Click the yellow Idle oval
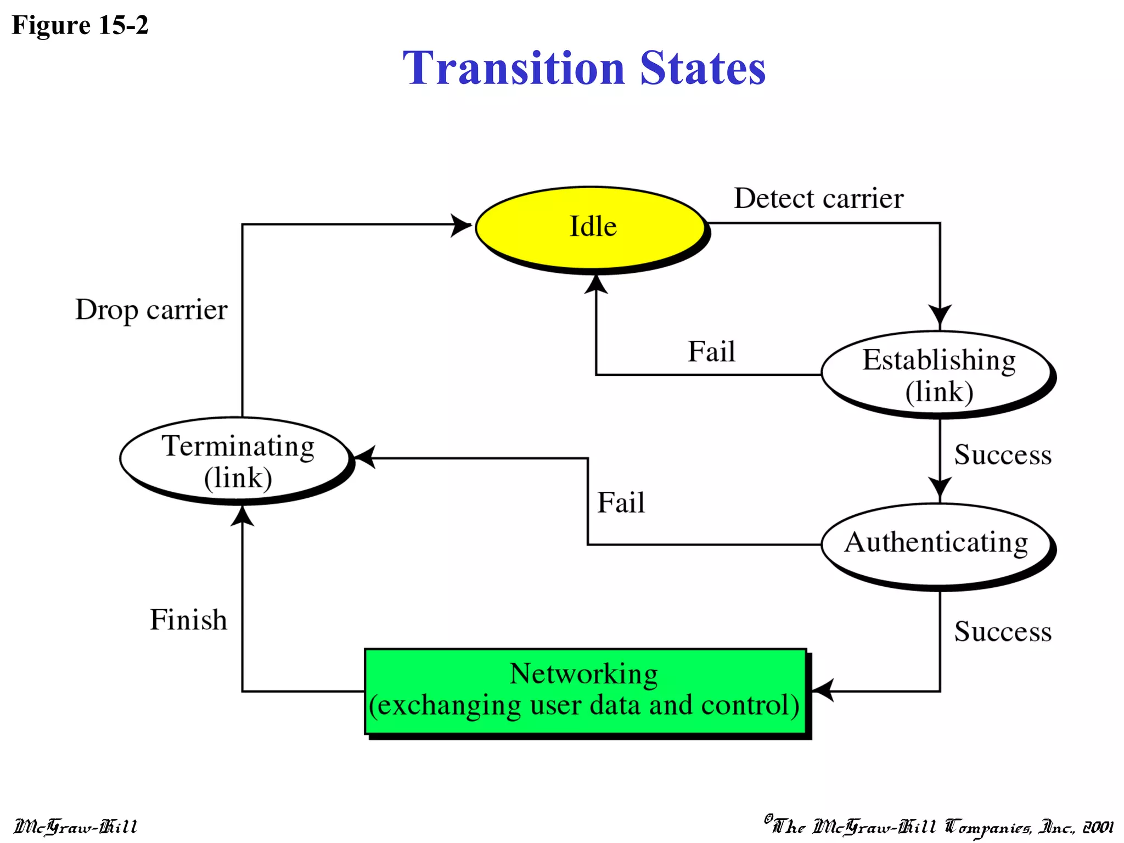click(x=591, y=227)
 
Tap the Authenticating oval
click(x=936, y=544)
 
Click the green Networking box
click(x=585, y=690)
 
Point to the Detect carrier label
click(x=818, y=198)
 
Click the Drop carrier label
click(x=151, y=310)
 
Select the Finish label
click(x=188, y=620)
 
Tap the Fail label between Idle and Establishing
click(x=711, y=351)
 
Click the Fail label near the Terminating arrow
click(x=621, y=503)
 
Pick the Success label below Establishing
click(x=1002, y=455)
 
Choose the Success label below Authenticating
click(x=1002, y=631)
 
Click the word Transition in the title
click(x=514, y=68)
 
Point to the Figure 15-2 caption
click(x=80, y=25)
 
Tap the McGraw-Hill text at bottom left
click(x=76, y=826)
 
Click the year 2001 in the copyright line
click(x=1098, y=827)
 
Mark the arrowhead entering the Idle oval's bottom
click(x=596, y=284)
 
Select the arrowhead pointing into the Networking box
click(x=823, y=690)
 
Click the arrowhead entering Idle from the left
click(x=461, y=225)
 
